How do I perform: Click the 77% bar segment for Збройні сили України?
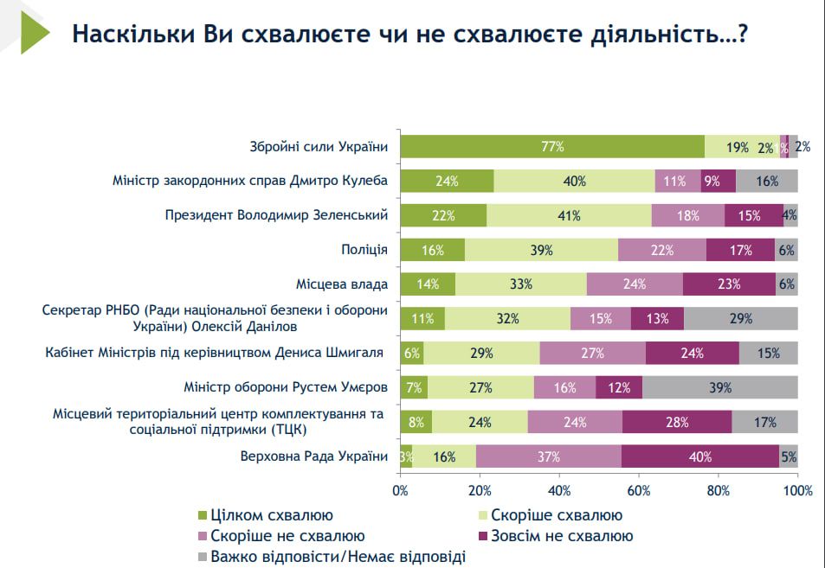tap(552, 147)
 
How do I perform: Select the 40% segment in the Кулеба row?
tap(574, 182)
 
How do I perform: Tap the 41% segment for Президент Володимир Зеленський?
tap(569, 215)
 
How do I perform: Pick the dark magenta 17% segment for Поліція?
tap(740, 250)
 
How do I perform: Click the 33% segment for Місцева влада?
tap(521, 284)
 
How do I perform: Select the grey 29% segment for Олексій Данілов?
tap(740, 318)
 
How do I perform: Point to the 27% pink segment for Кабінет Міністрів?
tap(592, 353)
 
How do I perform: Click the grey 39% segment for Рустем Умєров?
tap(719, 387)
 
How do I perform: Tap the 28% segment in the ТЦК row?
tap(677, 422)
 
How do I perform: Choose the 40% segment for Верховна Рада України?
tap(699, 456)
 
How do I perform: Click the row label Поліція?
tap(364, 250)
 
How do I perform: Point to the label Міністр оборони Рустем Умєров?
tap(286, 387)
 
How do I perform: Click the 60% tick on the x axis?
tap(639, 492)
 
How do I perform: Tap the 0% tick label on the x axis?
tap(401, 492)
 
